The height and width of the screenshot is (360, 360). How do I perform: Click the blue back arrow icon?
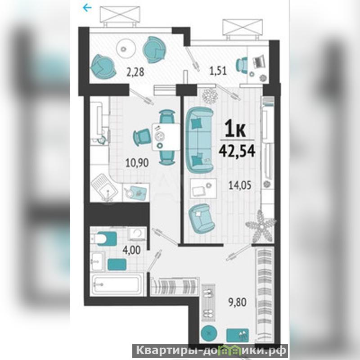[x=87, y=8]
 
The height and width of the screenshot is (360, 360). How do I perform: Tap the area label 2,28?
[x=135, y=72]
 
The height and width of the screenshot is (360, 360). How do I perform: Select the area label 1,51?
[x=218, y=71]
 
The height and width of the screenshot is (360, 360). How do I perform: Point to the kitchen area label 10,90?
[x=137, y=163]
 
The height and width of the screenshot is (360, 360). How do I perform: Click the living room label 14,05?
[x=240, y=185]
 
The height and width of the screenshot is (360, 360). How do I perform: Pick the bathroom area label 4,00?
[x=131, y=250]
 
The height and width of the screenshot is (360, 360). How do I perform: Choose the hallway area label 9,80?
[x=237, y=302]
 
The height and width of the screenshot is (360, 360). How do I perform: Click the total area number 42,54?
[x=237, y=151]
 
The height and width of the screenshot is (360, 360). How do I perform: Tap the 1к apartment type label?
[x=235, y=129]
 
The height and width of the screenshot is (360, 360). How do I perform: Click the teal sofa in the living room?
[x=199, y=140]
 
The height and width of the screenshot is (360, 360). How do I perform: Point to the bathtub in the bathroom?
[x=117, y=285]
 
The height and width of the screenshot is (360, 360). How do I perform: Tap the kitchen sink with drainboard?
[x=104, y=187]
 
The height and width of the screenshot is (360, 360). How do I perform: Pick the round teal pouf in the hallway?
[x=209, y=333]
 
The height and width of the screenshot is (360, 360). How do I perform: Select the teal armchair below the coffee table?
[x=201, y=218]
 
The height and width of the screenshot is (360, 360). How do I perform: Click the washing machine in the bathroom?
[x=137, y=234]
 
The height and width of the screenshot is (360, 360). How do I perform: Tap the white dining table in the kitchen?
[x=166, y=137]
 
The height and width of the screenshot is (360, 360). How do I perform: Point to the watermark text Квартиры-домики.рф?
[x=211, y=351]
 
